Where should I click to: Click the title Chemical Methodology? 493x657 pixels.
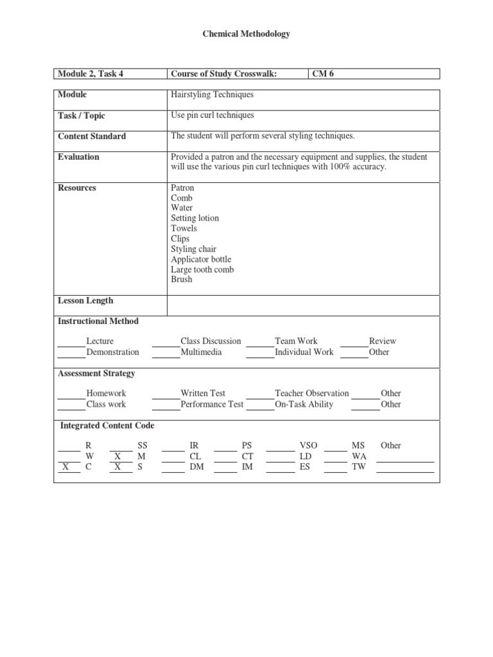(x=246, y=34)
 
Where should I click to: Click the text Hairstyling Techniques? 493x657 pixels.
(x=212, y=94)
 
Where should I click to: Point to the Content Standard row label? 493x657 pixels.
(x=92, y=136)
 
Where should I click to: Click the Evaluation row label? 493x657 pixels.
(x=78, y=157)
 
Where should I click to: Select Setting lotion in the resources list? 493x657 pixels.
(x=195, y=218)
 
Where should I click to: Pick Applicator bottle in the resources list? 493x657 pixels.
(x=200, y=259)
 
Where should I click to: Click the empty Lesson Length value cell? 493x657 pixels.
(x=303, y=305)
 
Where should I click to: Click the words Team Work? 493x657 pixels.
(x=296, y=341)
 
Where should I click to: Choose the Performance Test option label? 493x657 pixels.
(x=212, y=404)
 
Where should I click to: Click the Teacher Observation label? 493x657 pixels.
(x=312, y=393)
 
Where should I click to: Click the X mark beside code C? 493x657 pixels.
(x=66, y=467)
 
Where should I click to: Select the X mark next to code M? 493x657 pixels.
(x=117, y=456)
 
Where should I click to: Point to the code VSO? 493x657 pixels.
(x=308, y=445)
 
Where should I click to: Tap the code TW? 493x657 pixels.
(x=358, y=467)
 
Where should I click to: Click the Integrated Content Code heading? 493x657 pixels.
(x=107, y=425)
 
